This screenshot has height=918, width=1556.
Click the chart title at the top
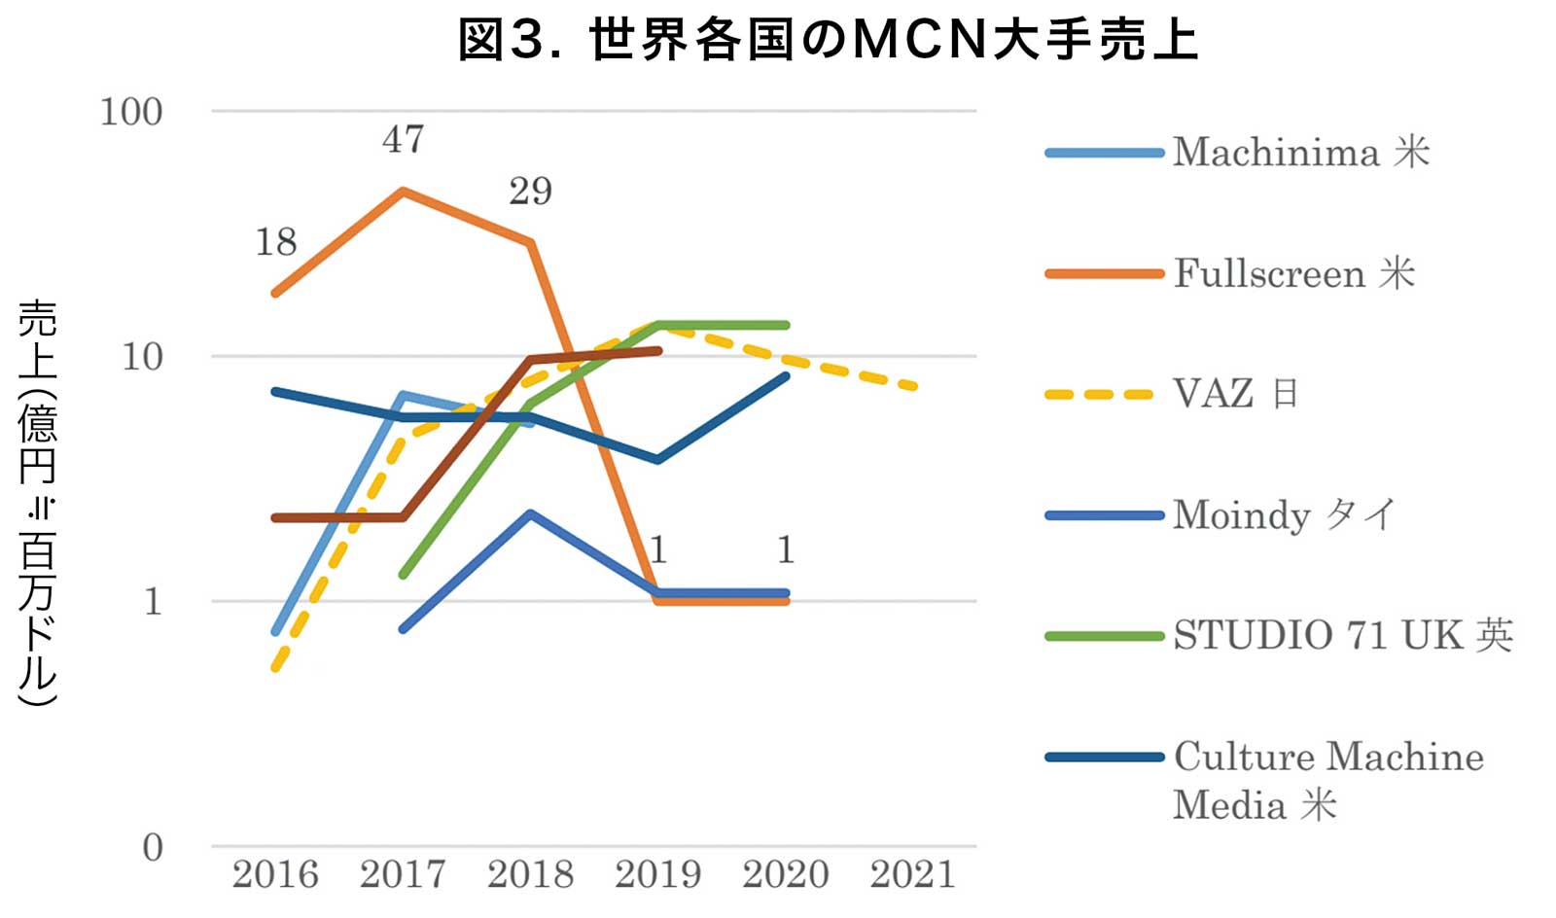point(828,41)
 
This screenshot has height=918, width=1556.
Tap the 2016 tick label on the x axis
point(275,874)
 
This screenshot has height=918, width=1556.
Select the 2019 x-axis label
point(658,874)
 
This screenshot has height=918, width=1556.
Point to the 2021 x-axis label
point(913,874)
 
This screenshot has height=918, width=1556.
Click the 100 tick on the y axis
point(131,112)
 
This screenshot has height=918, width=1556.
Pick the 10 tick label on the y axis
point(142,357)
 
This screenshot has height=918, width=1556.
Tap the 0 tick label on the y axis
point(153,848)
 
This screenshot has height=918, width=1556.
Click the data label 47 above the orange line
point(404,140)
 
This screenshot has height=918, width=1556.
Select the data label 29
point(531,192)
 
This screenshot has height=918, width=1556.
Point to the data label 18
point(276,242)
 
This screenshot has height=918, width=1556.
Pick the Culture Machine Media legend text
point(1327,780)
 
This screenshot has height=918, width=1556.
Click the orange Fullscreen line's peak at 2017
point(403,192)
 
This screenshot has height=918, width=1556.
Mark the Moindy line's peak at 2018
point(530,513)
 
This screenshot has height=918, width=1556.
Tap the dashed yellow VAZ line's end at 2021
point(913,387)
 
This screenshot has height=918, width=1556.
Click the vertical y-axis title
point(39,502)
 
